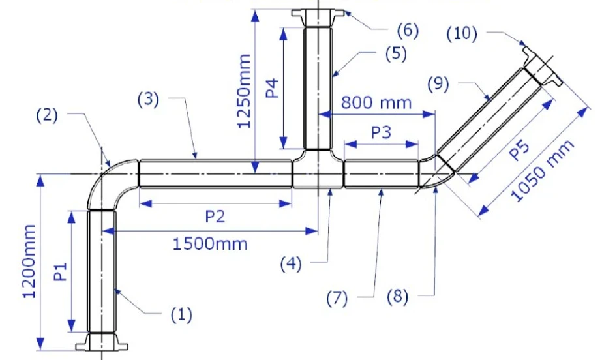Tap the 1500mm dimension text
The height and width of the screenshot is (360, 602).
click(210, 244)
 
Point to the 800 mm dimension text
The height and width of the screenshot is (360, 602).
click(377, 102)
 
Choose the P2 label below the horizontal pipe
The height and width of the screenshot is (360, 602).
click(215, 217)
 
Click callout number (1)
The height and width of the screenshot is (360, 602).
click(181, 315)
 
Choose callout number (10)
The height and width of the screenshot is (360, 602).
click(462, 33)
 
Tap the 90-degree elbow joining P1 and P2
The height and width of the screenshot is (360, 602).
click(112, 185)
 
